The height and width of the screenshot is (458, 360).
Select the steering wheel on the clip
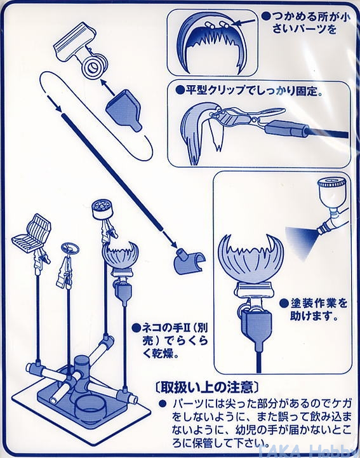pyautogui.click(x=70, y=249)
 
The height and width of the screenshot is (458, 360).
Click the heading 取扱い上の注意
pyautogui.click(x=206, y=387)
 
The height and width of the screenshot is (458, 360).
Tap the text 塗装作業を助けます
pyautogui.click(x=315, y=309)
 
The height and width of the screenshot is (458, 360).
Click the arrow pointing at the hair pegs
pyautogui.click(x=244, y=22)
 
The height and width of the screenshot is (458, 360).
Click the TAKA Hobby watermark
pyautogui.click(x=306, y=451)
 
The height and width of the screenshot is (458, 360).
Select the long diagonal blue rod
pyautogui.click(x=112, y=172)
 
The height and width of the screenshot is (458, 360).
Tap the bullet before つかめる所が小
pyautogui.click(x=265, y=16)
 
